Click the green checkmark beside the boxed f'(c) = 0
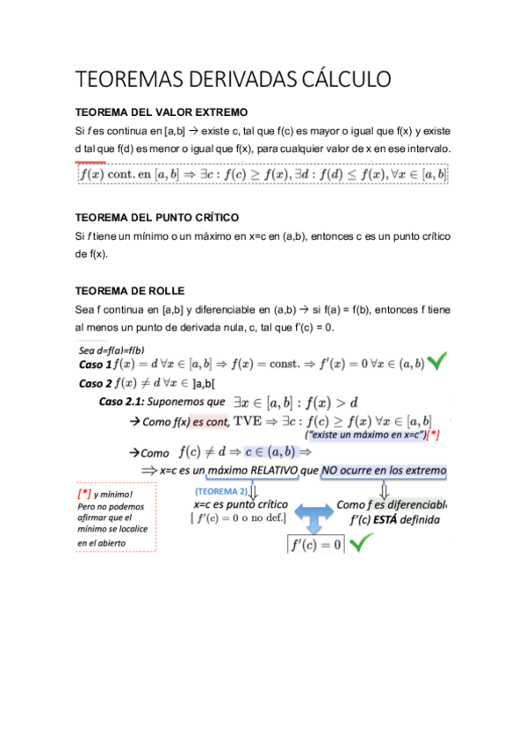pos(361,544)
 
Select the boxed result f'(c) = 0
pos(315,545)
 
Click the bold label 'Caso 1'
pos(96,364)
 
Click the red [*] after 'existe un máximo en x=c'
pos(432,435)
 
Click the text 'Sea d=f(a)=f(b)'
pos(112,350)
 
